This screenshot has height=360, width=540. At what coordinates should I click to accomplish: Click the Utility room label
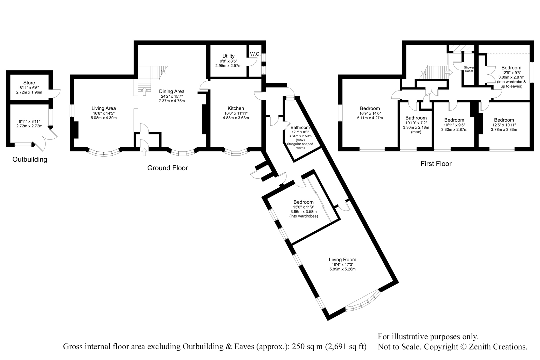[228, 56]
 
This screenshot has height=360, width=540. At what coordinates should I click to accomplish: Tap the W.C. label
[255, 54]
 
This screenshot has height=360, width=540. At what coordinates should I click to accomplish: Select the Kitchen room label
[236, 108]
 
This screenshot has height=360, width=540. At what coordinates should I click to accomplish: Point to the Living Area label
[104, 108]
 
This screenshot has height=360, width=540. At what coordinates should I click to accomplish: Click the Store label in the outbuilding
[29, 83]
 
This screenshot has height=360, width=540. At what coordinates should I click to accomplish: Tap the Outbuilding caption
[30, 159]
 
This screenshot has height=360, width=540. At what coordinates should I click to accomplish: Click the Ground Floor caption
[167, 168]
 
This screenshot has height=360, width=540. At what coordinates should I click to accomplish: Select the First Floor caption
[436, 164]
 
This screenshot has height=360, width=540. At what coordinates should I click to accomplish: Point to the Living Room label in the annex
[342, 260]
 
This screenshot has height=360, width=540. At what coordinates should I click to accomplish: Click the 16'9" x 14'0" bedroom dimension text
[370, 113]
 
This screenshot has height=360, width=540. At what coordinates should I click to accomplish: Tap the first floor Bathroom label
[416, 118]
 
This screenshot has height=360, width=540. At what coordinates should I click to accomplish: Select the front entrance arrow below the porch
[144, 152]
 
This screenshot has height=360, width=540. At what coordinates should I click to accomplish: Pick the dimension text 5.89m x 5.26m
[342, 269]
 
